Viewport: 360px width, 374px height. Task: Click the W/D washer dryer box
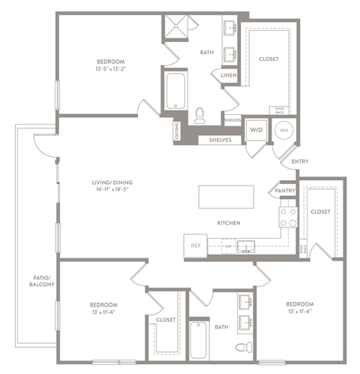(256, 129)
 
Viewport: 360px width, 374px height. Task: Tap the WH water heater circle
(283, 129)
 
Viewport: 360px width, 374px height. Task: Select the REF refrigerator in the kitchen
(196, 245)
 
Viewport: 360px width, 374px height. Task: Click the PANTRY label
(286, 191)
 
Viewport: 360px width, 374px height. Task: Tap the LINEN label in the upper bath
(228, 74)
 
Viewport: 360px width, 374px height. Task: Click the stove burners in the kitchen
(287, 217)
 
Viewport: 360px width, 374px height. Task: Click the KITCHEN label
(228, 223)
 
